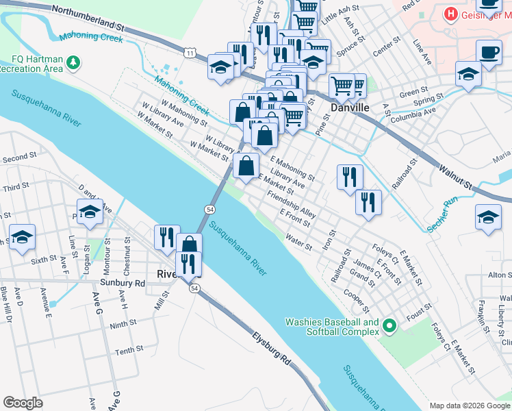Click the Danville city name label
click(350, 108)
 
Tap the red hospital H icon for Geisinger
click(450, 14)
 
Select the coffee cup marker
click(488, 52)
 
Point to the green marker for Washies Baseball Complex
click(389, 327)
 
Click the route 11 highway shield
click(190, 52)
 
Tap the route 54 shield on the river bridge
click(209, 208)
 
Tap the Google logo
click(23, 403)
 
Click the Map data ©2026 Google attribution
click(470, 406)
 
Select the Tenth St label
click(129, 351)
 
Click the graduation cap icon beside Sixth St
click(22, 236)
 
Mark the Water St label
click(298, 241)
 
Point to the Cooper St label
click(362, 299)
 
